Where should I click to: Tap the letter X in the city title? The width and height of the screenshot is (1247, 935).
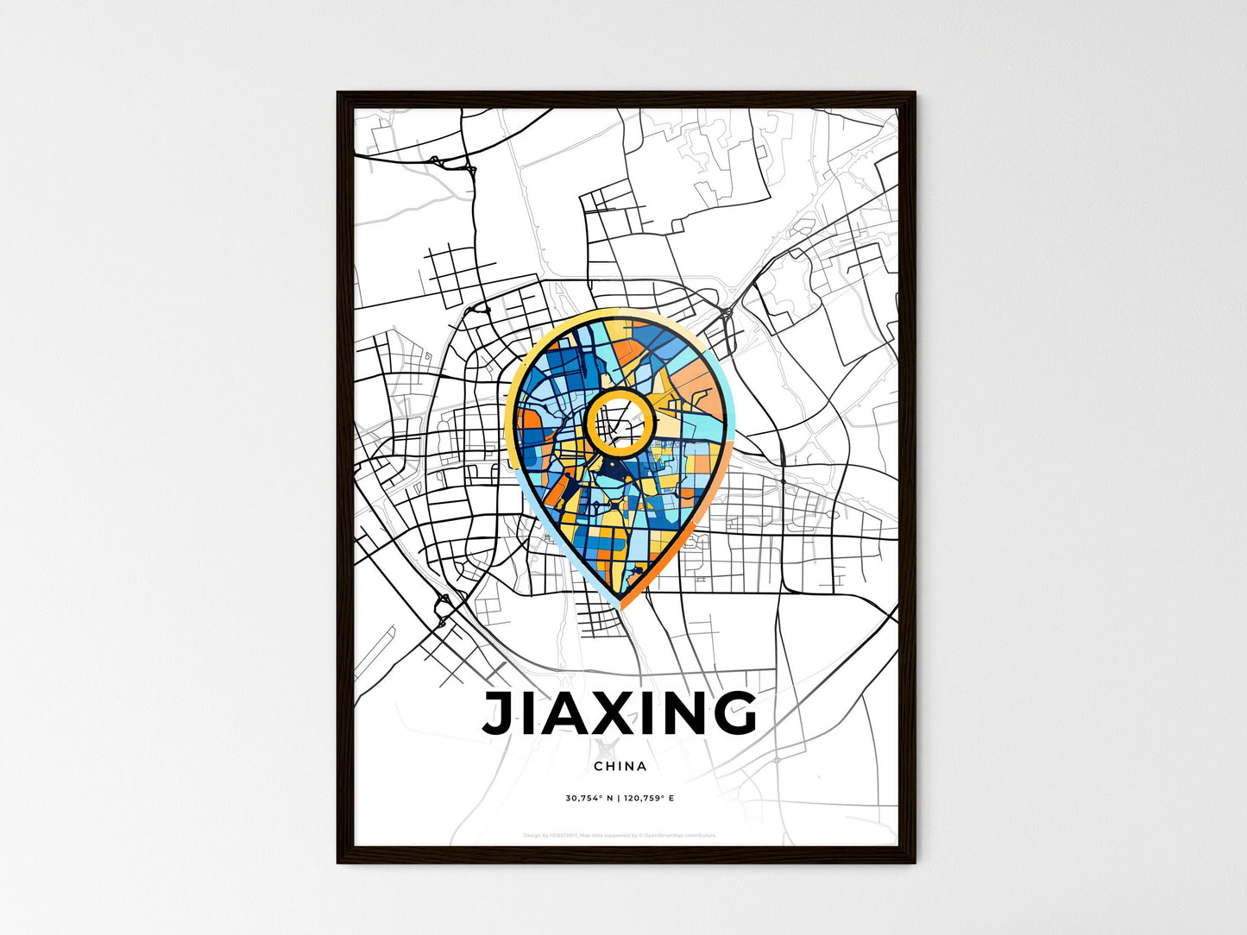609,714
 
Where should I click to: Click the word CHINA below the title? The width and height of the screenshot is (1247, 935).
620,766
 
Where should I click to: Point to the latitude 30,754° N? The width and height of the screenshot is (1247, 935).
589,799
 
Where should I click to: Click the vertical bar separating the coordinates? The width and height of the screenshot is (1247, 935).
619,799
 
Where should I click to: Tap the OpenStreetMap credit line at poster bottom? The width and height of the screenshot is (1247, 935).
620,835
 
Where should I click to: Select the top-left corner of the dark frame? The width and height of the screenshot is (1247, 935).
338,93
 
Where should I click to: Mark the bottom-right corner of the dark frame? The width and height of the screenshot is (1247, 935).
914,862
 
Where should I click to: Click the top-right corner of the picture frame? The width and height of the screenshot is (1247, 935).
914,93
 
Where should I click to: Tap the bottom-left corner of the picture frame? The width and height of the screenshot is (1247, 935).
338,862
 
